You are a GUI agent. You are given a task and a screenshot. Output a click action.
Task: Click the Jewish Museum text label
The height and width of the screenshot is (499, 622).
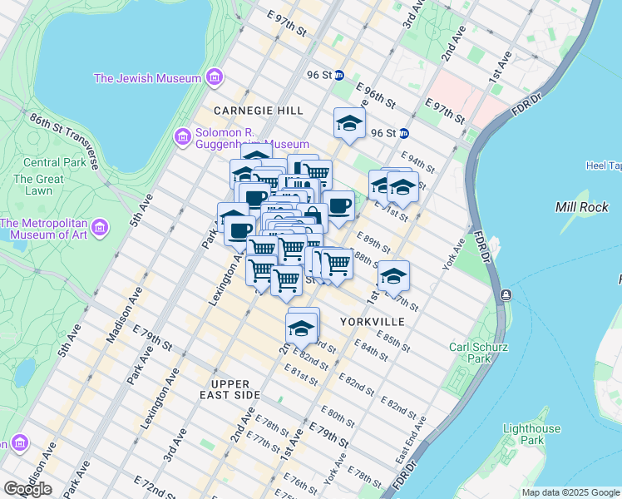(x=147, y=78)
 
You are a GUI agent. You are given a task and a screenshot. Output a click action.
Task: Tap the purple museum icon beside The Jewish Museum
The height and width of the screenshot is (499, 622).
(x=215, y=78)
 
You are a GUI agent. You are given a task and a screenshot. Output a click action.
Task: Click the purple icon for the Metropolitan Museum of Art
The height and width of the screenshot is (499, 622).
(x=100, y=227)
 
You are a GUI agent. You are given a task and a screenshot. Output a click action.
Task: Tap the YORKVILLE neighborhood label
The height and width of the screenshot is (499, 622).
(x=372, y=321)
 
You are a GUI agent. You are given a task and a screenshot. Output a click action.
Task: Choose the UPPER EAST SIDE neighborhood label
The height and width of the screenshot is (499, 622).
(x=230, y=389)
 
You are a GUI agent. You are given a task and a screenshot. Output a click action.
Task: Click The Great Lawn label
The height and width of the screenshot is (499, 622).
(x=38, y=185)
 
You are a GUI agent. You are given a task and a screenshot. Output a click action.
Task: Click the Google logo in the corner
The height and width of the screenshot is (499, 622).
(x=27, y=488)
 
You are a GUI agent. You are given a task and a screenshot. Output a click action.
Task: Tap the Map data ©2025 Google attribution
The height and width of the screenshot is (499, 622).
(x=570, y=492)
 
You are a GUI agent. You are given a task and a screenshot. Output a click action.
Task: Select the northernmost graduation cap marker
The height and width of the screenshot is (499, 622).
(x=349, y=123)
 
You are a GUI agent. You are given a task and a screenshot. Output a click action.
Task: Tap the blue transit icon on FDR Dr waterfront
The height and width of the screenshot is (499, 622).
(x=505, y=295)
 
